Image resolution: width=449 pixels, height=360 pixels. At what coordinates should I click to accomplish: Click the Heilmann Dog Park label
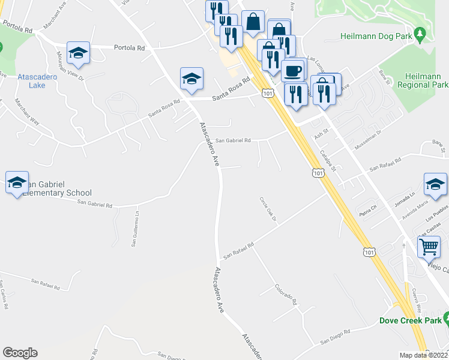tap(376, 36)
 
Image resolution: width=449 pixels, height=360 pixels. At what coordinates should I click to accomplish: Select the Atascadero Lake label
tap(37, 81)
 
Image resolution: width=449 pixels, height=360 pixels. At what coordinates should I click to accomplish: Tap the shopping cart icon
tap(429, 247)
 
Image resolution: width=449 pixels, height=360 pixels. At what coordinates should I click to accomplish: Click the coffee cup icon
tap(292, 70)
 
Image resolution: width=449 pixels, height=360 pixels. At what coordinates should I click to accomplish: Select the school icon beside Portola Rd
tap(78, 53)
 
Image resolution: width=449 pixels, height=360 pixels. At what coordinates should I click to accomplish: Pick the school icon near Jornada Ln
tap(435, 185)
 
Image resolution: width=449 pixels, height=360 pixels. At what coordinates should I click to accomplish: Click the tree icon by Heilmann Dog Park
tap(421, 35)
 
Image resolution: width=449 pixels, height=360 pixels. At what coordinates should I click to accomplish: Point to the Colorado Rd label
tap(286, 295)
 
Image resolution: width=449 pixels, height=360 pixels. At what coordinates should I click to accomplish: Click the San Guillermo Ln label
tap(136, 229)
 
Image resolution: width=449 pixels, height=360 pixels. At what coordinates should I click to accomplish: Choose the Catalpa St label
tap(328, 161)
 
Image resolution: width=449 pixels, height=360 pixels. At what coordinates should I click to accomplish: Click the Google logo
tap(20, 353)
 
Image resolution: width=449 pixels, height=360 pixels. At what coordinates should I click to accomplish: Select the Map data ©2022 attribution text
tap(424, 355)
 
